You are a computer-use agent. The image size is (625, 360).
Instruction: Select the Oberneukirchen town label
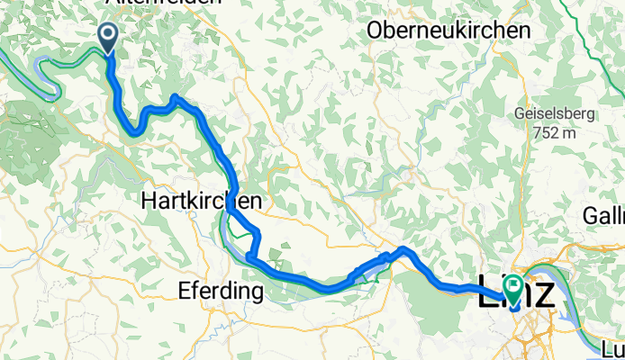[x=448, y=31]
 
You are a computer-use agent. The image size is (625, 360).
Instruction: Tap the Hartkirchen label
[x=202, y=202]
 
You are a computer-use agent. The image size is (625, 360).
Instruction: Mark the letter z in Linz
[x=544, y=292]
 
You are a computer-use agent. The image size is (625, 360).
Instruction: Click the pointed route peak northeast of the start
[x=175, y=96]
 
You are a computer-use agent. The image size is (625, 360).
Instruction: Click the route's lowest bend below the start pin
[x=133, y=133]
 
